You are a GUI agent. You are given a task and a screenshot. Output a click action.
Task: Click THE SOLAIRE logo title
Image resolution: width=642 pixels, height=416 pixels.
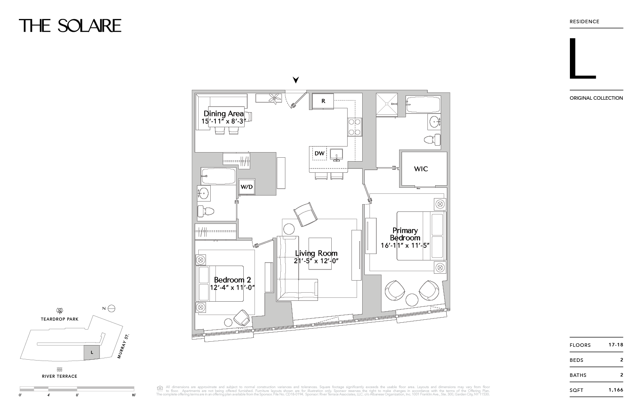coord(70,26)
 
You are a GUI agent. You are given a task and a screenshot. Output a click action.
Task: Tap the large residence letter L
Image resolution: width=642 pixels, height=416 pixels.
coord(582,59)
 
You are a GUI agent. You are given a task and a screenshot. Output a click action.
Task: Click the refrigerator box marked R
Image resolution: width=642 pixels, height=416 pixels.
coord(323,101)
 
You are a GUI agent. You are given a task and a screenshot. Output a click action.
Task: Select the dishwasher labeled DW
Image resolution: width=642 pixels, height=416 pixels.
coord(319,153)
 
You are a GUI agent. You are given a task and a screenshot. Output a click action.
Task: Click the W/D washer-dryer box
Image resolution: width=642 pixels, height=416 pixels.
coord(246,187)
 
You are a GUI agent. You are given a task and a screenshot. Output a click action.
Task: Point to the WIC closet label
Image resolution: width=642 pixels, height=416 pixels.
coord(421,169)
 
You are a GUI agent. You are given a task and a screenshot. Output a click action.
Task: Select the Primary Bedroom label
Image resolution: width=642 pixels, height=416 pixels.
coord(405,234)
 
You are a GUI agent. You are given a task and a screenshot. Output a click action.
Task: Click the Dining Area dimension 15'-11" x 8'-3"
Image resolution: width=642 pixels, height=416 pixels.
coord(223,122)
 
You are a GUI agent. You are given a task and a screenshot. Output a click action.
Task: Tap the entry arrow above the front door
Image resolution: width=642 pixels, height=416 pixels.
coord(296,80)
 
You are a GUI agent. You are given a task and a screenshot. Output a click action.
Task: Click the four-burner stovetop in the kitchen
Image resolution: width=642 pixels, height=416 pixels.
coord(354,127)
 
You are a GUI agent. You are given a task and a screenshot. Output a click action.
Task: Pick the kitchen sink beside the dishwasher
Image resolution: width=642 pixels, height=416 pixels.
coord(336,153)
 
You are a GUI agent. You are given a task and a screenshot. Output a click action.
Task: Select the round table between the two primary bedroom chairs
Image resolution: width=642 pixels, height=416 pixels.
coord(412,300)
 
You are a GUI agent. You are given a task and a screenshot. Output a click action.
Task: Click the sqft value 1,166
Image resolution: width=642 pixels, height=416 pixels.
coord(615,390)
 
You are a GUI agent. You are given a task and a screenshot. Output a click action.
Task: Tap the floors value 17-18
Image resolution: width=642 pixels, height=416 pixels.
coord(615,345)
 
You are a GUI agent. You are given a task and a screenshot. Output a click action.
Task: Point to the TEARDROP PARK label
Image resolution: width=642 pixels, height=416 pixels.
coord(60,319)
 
